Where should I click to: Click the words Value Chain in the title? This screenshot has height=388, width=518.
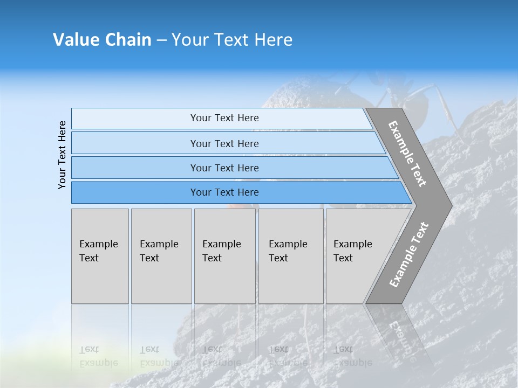102,40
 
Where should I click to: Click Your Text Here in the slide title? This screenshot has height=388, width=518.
232,40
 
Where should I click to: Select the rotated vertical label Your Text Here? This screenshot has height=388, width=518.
62,155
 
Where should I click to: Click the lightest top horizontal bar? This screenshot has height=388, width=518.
224,118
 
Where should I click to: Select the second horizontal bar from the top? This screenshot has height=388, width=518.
224,143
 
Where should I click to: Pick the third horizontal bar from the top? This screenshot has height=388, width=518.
224,168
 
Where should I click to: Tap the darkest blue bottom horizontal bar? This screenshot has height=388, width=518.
224,192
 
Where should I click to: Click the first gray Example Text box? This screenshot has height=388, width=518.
100,256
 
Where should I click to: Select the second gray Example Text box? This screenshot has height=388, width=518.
161,256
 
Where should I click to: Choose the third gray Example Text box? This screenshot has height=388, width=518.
224,256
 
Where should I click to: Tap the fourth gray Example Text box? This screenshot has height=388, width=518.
290,256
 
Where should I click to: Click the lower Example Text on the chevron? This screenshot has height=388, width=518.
408,255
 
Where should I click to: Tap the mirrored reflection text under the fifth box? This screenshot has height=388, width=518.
352,356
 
